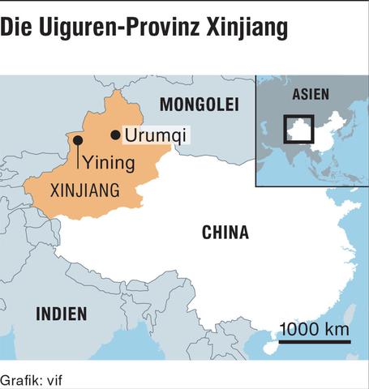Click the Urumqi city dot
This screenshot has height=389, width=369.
115,135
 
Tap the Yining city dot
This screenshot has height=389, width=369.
77,140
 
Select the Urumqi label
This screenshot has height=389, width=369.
154,135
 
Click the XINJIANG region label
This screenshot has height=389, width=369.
85,191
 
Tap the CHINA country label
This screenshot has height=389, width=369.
225,233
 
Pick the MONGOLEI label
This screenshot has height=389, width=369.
200,105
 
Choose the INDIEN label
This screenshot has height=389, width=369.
61,314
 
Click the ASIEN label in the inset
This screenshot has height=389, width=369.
311,94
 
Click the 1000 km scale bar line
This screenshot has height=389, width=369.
313,341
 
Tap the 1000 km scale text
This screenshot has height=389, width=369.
315,328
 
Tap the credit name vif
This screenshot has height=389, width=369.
53,379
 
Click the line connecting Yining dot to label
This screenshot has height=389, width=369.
77,156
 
